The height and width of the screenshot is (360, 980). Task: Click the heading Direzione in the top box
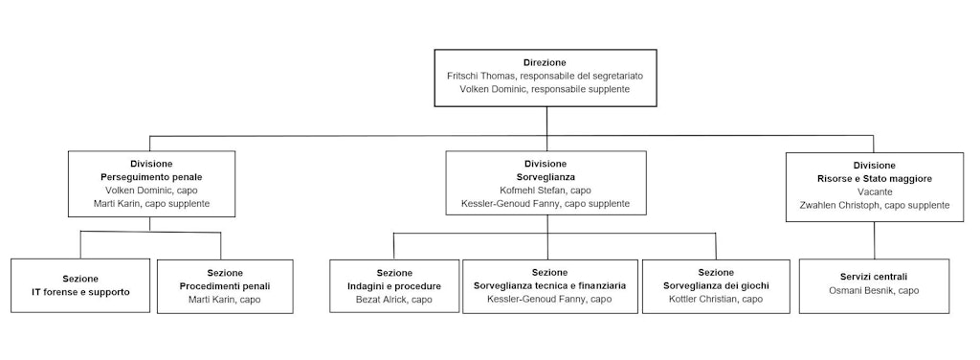click(x=547, y=61)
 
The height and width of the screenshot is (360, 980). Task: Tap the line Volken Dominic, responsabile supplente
click(x=547, y=88)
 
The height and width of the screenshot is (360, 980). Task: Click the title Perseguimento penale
click(x=151, y=177)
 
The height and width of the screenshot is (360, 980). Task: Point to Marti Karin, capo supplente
click(x=151, y=204)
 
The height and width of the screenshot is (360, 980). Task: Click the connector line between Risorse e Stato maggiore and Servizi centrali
click(x=875, y=240)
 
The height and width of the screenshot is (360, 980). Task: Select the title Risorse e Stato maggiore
click(x=875, y=178)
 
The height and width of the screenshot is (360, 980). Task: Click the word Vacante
click(x=875, y=191)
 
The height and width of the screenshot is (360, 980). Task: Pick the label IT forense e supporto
click(x=80, y=291)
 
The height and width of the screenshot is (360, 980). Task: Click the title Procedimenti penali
click(x=225, y=286)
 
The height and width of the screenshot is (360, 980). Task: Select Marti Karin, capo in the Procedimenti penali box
click(x=225, y=300)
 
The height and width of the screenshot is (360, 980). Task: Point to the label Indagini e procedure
click(x=394, y=286)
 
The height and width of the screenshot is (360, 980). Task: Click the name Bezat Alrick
click(x=383, y=300)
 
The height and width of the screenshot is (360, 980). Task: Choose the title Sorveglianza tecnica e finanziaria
click(x=549, y=286)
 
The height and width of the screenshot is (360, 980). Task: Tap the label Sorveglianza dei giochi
click(x=716, y=286)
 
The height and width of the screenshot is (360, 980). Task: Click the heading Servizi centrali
click(x=875, y=277)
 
